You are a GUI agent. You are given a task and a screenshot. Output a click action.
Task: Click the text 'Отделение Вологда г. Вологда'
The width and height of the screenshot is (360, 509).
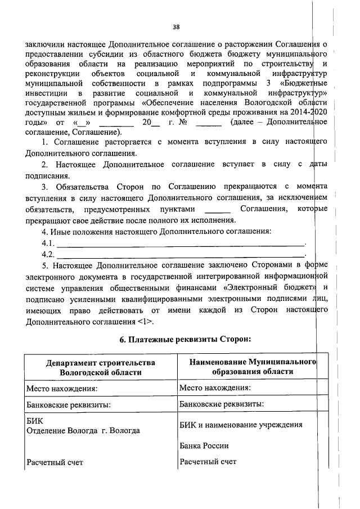(x=83, y=430)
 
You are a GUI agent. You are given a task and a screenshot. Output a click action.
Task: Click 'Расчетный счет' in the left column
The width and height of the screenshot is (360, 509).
(x=55, y=462)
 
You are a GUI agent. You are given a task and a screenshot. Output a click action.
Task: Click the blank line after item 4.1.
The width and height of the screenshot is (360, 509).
(x=180, y=244)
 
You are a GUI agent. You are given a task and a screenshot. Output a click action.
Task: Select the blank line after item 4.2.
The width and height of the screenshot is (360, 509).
(x=180, y=255)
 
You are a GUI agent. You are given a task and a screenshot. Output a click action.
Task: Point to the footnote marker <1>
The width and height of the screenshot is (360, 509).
(x=145, y=321)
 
